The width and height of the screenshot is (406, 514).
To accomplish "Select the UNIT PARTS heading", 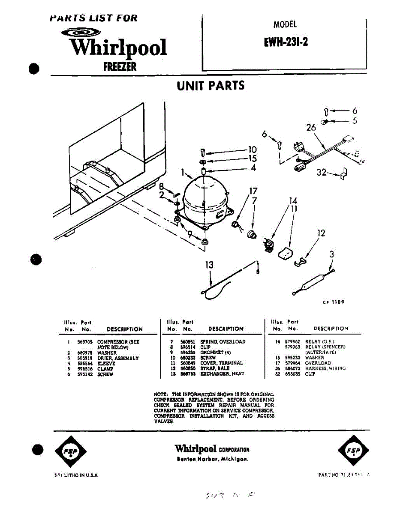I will (x=211, y=86).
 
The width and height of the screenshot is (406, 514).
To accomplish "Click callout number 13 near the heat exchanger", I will (x=209, y=265).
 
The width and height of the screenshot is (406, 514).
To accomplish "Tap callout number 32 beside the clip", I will (x=322, y=173).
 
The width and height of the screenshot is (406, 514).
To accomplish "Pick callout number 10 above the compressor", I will (x=252, y=149).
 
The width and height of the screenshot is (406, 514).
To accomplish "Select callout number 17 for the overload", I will (x=254, y=191).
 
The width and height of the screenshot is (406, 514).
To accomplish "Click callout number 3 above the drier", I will (x=331, y=254).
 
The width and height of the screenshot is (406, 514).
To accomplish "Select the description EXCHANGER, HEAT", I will (x=222, y=374).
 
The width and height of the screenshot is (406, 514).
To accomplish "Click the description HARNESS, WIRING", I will (x=325, y=368).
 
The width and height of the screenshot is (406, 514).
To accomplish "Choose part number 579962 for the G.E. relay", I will (x=293, y=342).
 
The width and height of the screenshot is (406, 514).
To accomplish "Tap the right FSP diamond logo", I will (x=353, y=450).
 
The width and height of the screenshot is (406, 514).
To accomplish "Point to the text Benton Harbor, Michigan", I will (x=212, y=459).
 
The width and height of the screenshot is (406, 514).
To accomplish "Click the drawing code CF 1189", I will (x=334, y=302).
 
